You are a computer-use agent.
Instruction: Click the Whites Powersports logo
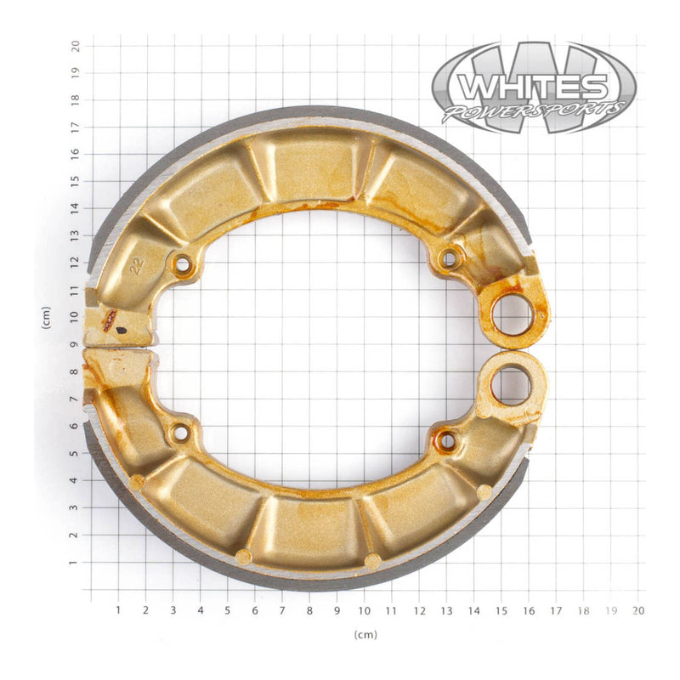533,88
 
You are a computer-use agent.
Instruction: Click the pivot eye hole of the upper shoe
513,314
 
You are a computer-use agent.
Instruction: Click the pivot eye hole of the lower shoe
511,386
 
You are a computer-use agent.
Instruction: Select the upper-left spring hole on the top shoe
181,264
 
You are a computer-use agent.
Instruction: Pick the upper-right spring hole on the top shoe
448,258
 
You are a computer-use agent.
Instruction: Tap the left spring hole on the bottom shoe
180,433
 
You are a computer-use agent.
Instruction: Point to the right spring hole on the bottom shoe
446,440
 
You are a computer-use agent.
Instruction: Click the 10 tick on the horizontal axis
365,609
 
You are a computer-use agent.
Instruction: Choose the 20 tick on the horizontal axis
638,609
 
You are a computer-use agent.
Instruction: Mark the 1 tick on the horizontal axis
118,609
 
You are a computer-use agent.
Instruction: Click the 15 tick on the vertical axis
76,180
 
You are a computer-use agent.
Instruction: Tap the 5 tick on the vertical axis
76,453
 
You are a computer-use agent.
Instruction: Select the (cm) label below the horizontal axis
365,634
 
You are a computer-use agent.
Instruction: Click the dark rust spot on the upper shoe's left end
110,320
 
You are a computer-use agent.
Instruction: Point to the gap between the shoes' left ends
119,348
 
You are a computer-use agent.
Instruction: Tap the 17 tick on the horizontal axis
556,609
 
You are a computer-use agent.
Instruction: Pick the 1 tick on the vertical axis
76,562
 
